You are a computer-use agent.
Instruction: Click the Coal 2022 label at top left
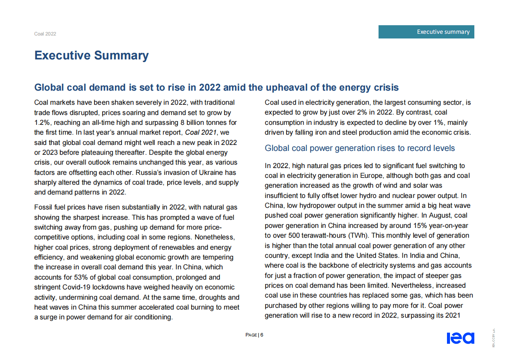click(x=45, y=34)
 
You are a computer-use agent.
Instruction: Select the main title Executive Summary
click(x=92, y=56)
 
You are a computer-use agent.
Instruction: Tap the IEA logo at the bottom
click(x=460, y=338)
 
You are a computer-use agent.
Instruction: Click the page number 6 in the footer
click(x=262, y=335)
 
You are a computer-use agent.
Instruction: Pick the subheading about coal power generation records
click(x=360, y=148)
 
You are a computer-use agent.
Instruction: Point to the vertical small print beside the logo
click(x=493, y=338)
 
